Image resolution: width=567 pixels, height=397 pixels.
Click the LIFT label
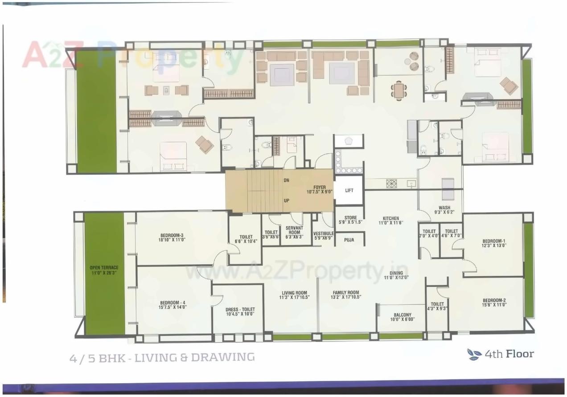tap(349, 190)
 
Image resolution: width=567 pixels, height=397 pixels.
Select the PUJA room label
tap(349, 240)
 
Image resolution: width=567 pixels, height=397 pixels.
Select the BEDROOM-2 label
tap(494, 303)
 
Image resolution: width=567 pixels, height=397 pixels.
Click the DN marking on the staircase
tap(287, 181)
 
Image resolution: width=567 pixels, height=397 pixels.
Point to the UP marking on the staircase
tap(287, 201)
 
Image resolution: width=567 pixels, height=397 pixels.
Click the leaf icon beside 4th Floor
tap(474, 354)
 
